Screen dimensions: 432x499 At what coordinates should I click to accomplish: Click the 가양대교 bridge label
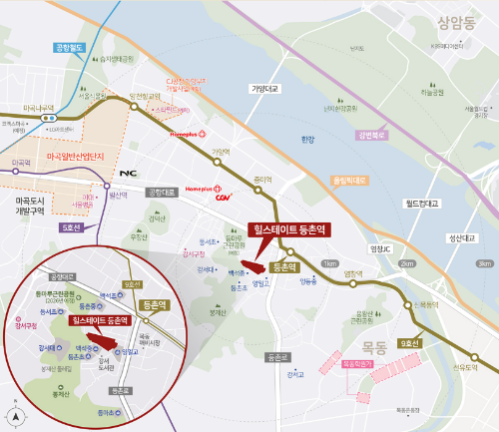[x=265, y=89]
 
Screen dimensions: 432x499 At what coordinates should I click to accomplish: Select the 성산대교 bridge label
[x=465, y=237]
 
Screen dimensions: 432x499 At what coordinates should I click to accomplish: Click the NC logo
[x=128, y=173]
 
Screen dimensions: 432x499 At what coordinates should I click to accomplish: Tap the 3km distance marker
[x=485, y=263]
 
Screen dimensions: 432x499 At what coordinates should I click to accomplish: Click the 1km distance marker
[x=330, y=263]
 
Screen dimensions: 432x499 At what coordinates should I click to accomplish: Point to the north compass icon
[x=13, y=416]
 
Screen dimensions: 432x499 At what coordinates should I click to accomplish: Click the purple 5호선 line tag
[x=71, y=226]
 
